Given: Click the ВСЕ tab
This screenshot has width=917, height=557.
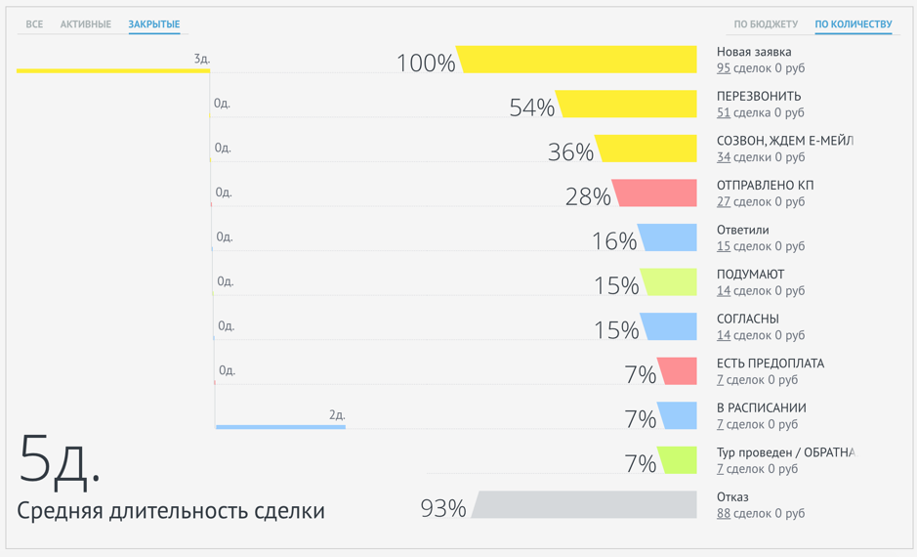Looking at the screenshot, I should point(34,24).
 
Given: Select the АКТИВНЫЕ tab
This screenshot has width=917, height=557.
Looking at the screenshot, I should point(86,24).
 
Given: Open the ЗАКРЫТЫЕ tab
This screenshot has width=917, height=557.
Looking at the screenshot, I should point(154,24).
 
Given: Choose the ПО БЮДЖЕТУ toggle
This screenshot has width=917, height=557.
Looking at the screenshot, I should point(766,24).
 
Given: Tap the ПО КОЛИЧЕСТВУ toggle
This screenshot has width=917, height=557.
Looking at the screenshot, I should point(853,24).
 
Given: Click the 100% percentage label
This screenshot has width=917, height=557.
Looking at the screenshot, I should point(426,64).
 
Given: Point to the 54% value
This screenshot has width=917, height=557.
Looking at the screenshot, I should point(531,107).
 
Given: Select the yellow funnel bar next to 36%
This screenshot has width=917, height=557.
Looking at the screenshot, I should point(647,149).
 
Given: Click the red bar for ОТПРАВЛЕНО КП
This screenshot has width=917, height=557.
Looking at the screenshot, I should point(656,193).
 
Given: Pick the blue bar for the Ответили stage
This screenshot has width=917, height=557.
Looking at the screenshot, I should point(669,237).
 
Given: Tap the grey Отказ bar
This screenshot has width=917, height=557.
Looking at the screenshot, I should point(586,505).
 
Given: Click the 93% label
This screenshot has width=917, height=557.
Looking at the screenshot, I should point(442,508).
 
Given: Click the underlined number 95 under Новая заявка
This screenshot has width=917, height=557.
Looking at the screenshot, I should point(723,68).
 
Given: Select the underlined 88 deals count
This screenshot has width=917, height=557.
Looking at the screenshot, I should point(723,513).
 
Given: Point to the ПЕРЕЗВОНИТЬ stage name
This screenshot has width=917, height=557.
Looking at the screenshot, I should point(759,96).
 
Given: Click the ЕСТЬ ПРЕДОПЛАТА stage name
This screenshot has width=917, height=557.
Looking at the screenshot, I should point(770,364).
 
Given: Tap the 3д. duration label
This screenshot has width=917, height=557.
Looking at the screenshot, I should point(201,60).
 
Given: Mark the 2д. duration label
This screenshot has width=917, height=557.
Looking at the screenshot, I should point(337,415).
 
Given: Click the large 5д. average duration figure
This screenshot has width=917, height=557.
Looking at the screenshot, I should point(59,458).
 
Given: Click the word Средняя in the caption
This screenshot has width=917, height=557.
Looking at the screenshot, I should point(60,511).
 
